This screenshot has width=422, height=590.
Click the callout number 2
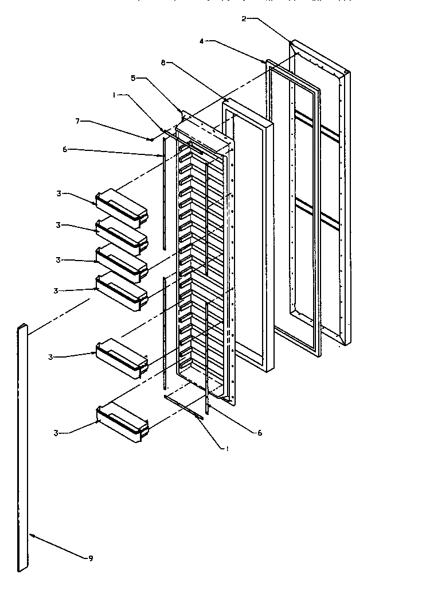click(244, 19)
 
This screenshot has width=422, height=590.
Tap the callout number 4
click(202, 41)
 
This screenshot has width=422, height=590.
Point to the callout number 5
click(133, 79)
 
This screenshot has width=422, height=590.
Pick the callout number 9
click(91, 558)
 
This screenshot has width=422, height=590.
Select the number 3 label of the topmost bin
click(58, 193)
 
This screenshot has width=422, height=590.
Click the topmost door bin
click(122, 208)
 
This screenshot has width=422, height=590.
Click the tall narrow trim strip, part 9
click(22, 448)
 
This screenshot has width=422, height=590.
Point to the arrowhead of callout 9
click(32, 535)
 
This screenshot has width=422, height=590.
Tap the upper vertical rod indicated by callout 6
click(163, 195)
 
